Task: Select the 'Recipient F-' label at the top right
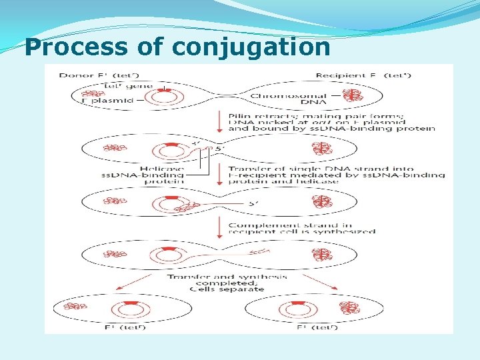363,75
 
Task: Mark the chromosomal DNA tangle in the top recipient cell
350,95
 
